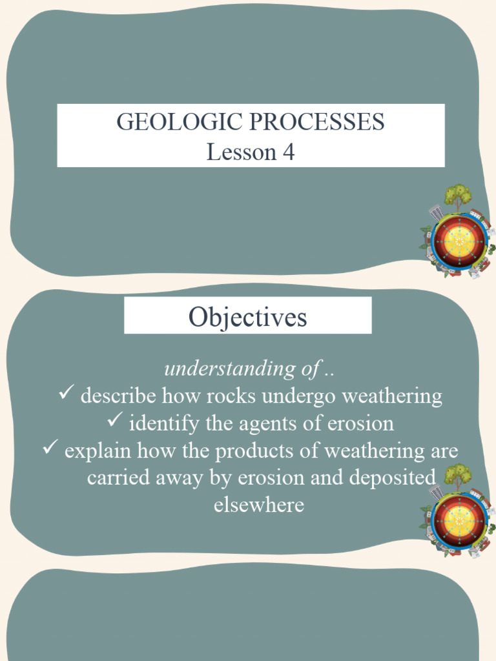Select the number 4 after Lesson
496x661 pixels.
click(288, 152)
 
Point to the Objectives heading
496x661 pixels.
click(247, 316)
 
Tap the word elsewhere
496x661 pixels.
click(258, 504)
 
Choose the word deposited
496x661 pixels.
click(391, 478)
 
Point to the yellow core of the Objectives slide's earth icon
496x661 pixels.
click(459, 520)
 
